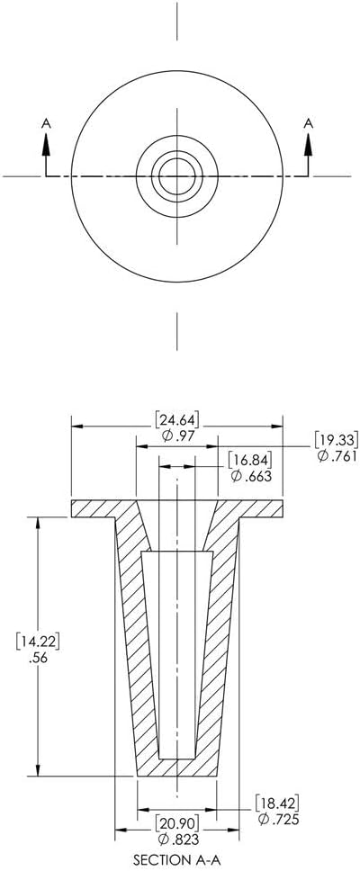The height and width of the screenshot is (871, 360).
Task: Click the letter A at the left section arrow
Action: (46, 123)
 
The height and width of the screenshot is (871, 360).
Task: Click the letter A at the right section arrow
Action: (308, 123)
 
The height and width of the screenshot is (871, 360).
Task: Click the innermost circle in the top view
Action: (177, 158)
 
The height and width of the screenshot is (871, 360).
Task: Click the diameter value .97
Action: (177, 435)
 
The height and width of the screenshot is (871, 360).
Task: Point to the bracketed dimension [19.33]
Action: (337, 439)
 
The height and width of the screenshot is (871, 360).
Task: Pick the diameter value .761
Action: (337, 456)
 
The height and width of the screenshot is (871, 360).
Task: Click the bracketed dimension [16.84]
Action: (250, 460)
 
